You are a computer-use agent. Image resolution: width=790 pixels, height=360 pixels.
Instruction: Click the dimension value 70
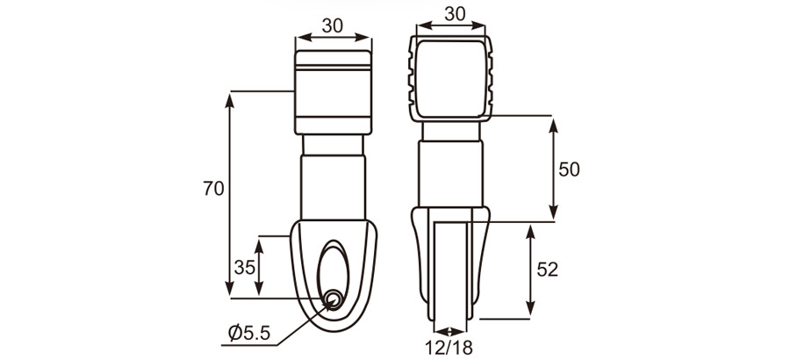pos(213,188)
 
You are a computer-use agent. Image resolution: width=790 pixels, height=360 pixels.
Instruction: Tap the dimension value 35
pos(246,265)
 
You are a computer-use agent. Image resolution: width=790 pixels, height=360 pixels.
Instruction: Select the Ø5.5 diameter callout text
pos(248,333)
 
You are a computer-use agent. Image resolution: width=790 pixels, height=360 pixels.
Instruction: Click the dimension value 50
pos(569,169)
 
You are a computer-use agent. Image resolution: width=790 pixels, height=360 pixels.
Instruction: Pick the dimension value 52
pos(547,270)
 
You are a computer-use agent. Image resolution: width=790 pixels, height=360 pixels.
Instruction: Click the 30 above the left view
pos(332,25)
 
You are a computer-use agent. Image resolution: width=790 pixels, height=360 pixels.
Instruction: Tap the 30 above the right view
pos(454,15)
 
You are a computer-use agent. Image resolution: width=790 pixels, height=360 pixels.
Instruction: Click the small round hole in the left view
pos(334,300)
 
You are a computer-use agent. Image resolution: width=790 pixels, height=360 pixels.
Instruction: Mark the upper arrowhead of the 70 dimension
pos(230,97)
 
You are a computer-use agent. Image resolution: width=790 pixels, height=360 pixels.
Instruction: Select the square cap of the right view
pos(453,78)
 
